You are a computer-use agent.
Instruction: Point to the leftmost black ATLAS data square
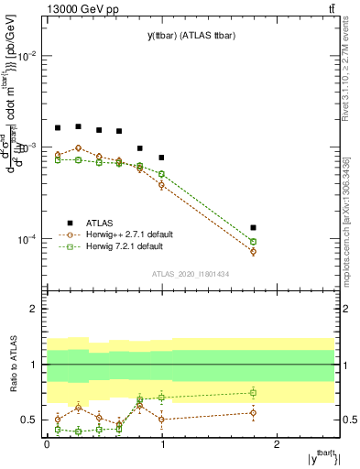[58, 128]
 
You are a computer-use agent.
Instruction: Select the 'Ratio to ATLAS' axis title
[12, 365]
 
